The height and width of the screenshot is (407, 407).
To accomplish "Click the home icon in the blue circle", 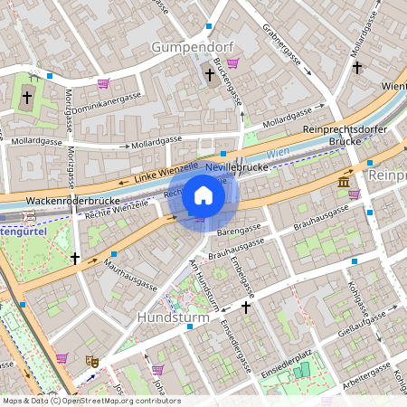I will coord(203,194).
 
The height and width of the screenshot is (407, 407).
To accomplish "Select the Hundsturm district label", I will coord(173,318).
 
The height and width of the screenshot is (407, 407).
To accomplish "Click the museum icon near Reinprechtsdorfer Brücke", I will coord(344,183).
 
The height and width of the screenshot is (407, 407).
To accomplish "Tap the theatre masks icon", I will coord(91,361).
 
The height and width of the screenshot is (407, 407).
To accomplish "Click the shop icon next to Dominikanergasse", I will coord(103,83).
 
